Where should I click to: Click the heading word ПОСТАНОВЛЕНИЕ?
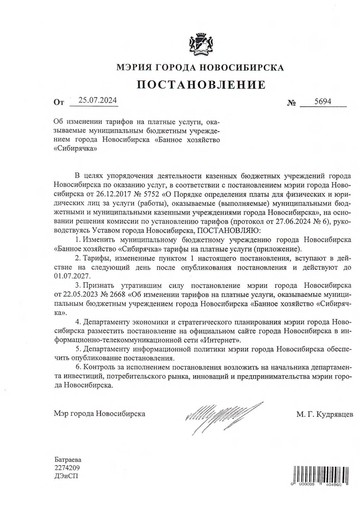[x=201, y=85]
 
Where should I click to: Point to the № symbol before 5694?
[x=292, y=103]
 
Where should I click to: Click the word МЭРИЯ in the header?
[x=133, y=68]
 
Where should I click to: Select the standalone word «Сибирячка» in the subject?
[x=75, y=149]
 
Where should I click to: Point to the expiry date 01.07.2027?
[x=72, y=276]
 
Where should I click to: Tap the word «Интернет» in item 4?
[x=220, y=340]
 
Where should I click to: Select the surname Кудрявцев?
[x=334, y=414]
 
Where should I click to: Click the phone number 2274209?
[x=67, y=468]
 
